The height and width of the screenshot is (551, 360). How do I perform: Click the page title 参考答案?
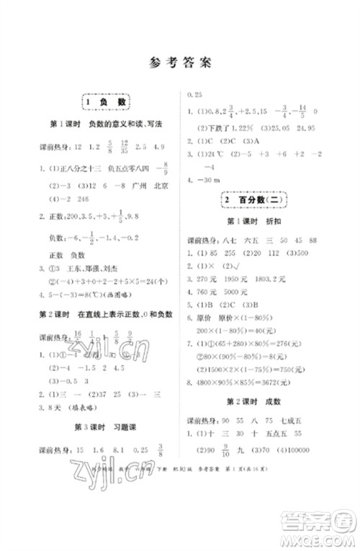[180, 62]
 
